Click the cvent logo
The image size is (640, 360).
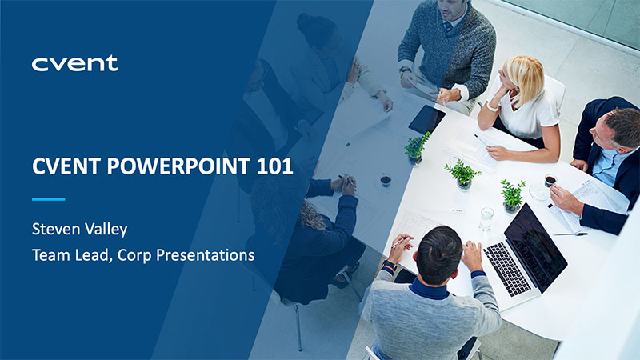[x=74, y=63]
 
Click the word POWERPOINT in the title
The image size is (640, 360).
[x=178, y=166]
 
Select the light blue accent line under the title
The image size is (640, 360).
[x=49, y=199]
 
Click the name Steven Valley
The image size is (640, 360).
[x=79, y=230]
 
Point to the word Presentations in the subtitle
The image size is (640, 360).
[x=206, y=255]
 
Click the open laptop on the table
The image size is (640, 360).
[x=526, y=252]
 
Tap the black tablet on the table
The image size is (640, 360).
[x=426, y=119]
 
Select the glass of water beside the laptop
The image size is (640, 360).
[x=486, y=218]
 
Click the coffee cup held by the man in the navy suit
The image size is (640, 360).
[x=550, y=180]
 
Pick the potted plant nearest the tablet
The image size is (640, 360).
[x=416, y=148]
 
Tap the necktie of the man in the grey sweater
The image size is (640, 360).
[x=448, y=27]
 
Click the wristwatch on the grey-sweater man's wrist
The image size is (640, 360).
[x=405, y=71]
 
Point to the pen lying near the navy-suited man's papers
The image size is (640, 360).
[x=570, y=234]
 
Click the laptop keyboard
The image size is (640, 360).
[x=507, y=268]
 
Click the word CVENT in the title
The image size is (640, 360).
[x=66, y=166]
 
